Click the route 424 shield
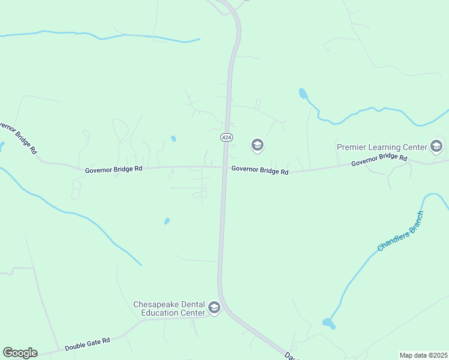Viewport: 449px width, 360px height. click(226, 137)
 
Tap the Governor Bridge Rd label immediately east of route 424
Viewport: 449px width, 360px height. click(260, 171)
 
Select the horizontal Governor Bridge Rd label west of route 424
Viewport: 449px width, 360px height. click(113, 169)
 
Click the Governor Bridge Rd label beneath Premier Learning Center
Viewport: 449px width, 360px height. click(379, 160)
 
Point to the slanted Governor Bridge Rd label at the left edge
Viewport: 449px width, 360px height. click(16, 138)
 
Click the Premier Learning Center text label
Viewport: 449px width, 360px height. click(381, 146)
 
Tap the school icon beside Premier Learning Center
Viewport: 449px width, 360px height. click(436, 146)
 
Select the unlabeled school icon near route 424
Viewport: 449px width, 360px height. click(258, 145)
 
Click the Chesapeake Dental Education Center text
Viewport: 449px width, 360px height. click(169, 308)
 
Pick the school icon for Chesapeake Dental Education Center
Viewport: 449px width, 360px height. click(214, 308)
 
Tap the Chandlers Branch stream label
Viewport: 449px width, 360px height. click(400, 231)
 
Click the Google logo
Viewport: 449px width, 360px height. click(20, 353)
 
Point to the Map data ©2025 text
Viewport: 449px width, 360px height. click(423, 355)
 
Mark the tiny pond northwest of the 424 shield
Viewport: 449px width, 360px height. click(173, 139)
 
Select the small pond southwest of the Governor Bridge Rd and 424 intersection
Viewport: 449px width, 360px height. click(167, 221)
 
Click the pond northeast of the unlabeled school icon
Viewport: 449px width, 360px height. click(303, 94)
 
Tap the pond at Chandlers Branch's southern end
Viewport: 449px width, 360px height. click(328, 323)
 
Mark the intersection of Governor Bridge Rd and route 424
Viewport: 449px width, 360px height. click(225, 167)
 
